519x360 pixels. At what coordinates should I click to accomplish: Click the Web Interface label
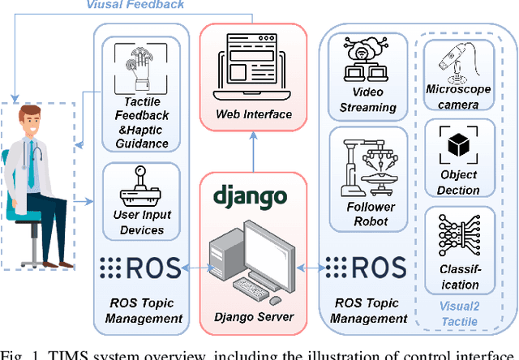[254, 114]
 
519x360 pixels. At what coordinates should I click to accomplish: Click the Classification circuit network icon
[459, 236]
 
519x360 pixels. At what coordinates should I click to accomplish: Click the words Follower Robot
[371, 213]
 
